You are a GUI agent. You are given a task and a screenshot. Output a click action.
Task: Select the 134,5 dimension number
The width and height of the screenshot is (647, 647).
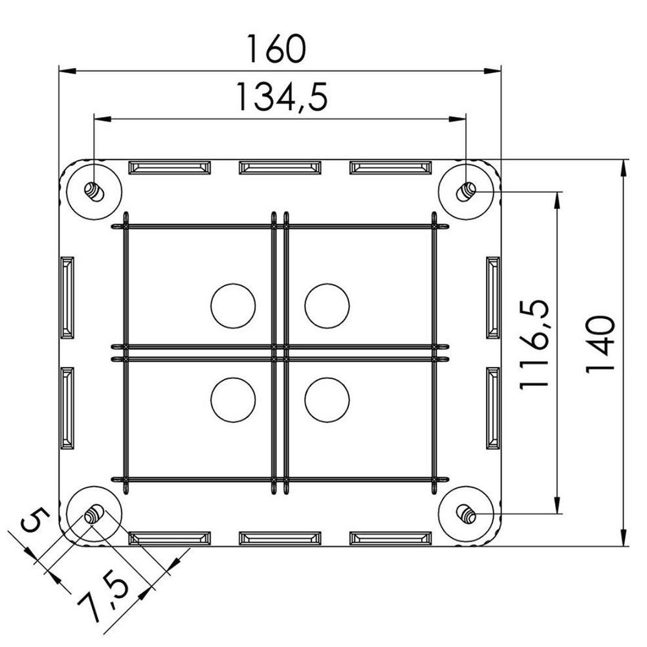[280, 98]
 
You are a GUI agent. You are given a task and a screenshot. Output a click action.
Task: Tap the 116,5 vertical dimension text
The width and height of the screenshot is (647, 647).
[534, 344]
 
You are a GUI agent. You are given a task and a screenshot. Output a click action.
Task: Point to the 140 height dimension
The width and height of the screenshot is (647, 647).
[598, 344]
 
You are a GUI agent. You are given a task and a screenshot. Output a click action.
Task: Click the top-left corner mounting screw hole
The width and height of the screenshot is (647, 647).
[94, 191]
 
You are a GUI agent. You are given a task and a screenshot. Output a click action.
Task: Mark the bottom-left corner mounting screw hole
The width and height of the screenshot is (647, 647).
[94, 515]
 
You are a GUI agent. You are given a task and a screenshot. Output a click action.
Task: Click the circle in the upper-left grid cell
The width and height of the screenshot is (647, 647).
[233, 305]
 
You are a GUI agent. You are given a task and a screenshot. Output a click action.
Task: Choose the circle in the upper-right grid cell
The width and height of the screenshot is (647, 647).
[327, 305]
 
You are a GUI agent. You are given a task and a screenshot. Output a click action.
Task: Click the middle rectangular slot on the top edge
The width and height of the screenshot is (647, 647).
[280, 168]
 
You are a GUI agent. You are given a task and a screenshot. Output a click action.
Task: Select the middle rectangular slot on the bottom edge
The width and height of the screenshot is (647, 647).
[280, 538]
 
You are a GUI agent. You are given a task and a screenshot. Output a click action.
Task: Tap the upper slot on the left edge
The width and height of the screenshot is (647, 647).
[67, 297]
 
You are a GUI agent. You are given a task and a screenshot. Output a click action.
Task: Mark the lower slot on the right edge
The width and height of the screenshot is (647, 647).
[494, 408]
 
